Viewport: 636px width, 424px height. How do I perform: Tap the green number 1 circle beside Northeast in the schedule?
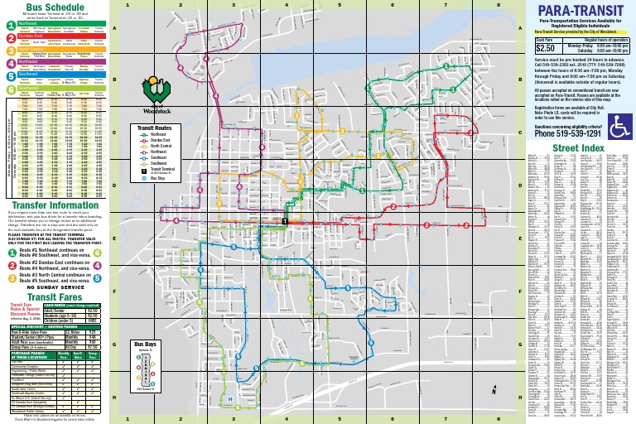[12, 25]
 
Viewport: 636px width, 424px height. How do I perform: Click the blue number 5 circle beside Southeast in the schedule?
[12, 73]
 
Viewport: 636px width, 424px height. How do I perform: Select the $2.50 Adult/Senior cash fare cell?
[92, 310]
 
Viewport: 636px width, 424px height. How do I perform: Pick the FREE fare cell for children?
[92, 320]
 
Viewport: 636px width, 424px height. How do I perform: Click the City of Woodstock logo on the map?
[155, 88]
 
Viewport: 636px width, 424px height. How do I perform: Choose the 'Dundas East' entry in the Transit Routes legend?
[163, 142]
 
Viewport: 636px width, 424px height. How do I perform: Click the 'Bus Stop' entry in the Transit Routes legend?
[159, 176]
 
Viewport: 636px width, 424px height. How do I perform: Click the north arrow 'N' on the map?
[493, 394]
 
